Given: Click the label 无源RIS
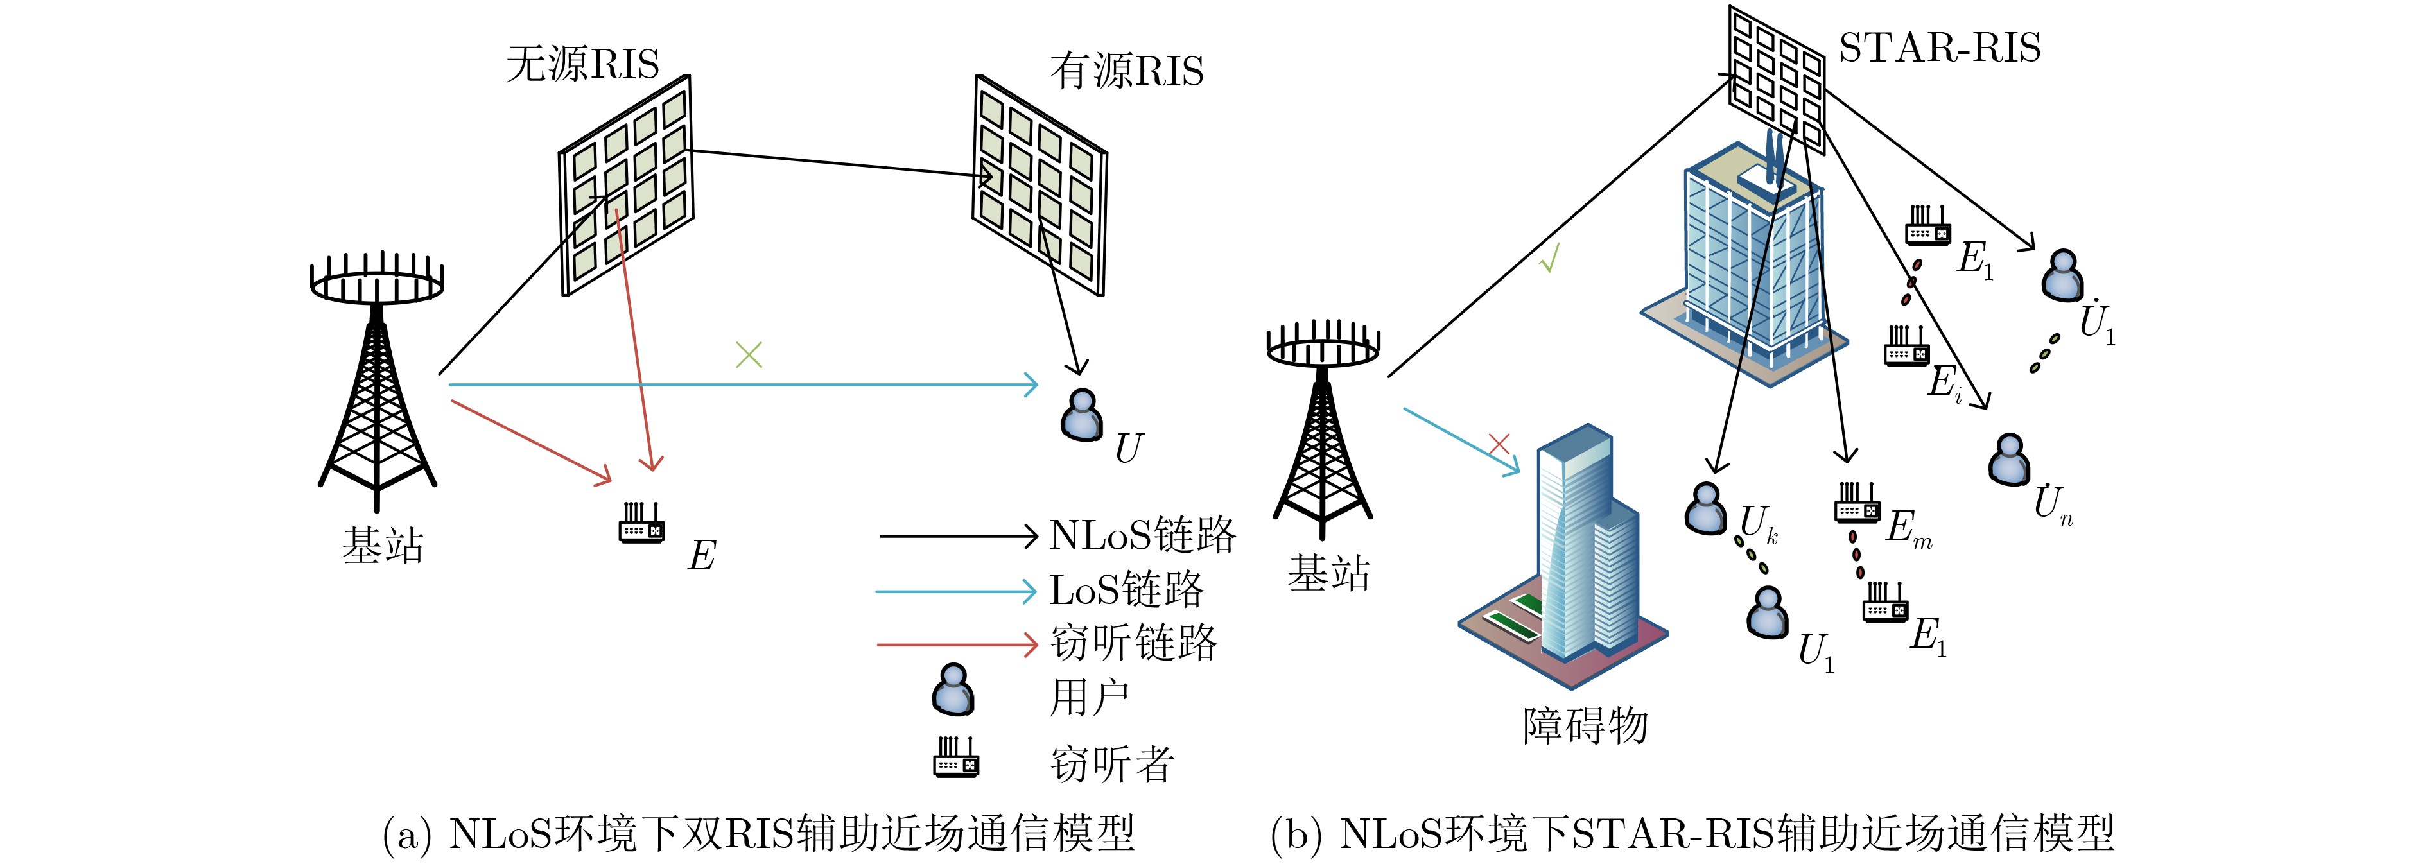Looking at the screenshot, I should (x=582, y=64).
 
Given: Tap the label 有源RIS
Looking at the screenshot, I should (x=1126, y=72).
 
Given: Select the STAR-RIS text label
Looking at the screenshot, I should (x=1939, y=47).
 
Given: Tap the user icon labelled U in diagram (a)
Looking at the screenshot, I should (x=1082, y=415).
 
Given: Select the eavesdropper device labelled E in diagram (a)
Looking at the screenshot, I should (x=641, y=523).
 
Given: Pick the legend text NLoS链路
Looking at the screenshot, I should (x=1142, y=535).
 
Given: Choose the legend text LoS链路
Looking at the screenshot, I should (x=1126, y=590).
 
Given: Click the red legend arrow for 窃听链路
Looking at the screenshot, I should (x=956, y=644).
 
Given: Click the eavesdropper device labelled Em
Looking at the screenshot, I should (x=1857, y=503).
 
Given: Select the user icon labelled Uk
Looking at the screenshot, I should (x=1705, y=509).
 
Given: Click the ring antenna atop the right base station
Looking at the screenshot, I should (x=1323, y=348).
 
